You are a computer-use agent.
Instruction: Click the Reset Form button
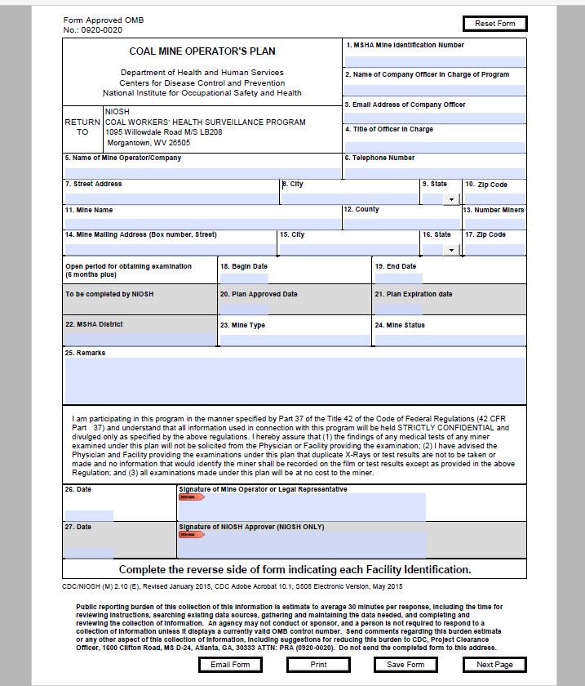(494, 24)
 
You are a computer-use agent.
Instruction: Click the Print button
(318, 665)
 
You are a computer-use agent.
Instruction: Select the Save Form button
(406, 665)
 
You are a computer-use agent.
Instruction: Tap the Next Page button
(494, 665)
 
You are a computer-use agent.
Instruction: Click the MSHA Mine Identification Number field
(434, 60)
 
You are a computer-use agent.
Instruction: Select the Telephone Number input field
(434, 172)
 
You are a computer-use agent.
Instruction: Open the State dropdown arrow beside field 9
(450, 199)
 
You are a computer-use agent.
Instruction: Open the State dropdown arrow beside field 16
(450, 249)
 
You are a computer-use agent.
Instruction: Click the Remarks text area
(295, 381)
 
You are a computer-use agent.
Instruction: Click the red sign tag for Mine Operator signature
(192, 497)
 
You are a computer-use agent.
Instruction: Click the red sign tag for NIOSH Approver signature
(192, 534)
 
